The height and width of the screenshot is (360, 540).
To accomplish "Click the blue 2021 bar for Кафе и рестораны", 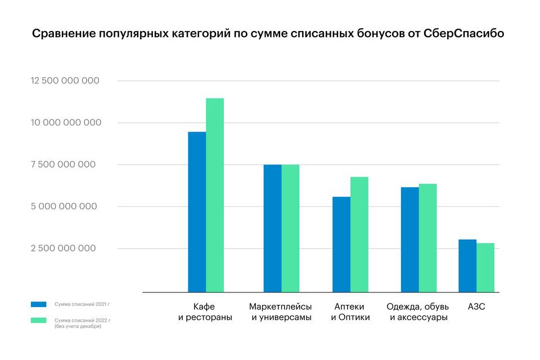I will pyautogui.click(x=197, y=212).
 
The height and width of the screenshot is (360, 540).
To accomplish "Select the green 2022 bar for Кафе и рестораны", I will pyautogui.click(x=215, y=195).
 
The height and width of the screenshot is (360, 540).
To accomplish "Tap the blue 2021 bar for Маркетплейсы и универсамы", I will pyautogui.click(x=273, y=228).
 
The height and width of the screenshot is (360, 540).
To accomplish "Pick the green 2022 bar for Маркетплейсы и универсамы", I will pyautogui.click(x=290, y=228).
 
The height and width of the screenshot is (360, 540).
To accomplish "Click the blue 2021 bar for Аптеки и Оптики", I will pyautogui.click(x=341, y=245).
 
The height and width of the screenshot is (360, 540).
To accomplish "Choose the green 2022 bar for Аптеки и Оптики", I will pyautogui.click(x=359, y=235).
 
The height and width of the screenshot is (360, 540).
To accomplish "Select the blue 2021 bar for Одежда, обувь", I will pyautogui.click(x=410, y=240).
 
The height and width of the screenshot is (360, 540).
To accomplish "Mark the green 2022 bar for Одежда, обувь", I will pyautogui.click(x=427, y=238).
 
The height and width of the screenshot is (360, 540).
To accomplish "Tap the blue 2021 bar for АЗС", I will pyautogui.click(x=467, y=265).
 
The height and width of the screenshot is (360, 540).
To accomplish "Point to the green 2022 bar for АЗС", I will pyautogui.click(x=485, y=268).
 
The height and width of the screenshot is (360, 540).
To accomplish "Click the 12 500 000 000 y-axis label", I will pyautogui.click(x=65, y=81).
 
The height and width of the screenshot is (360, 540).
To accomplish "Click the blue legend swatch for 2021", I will pyautogui.click(x=39, y=304).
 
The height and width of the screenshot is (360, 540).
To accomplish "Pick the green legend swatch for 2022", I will pyautogui.click(x=39, y=321).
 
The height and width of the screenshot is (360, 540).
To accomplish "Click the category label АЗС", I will pyautogui.click(x=476, y=307).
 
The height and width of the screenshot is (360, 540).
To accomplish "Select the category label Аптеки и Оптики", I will pyautogui.click(x=350, y=312).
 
